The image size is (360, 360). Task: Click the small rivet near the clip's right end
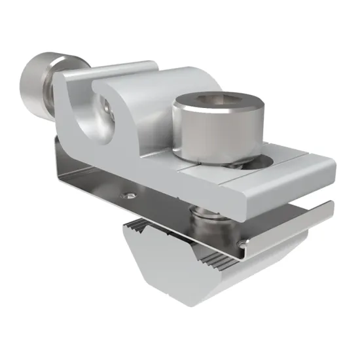(x=243, y=244)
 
